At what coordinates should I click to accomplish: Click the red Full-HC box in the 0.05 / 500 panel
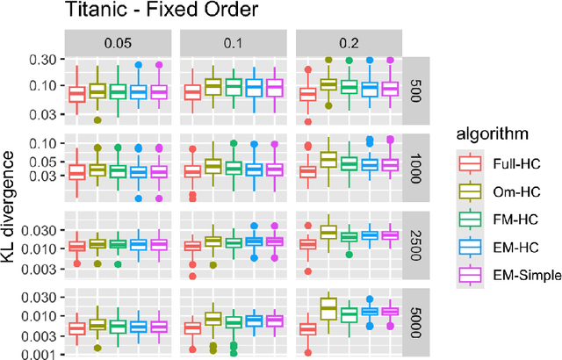(77, 93)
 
